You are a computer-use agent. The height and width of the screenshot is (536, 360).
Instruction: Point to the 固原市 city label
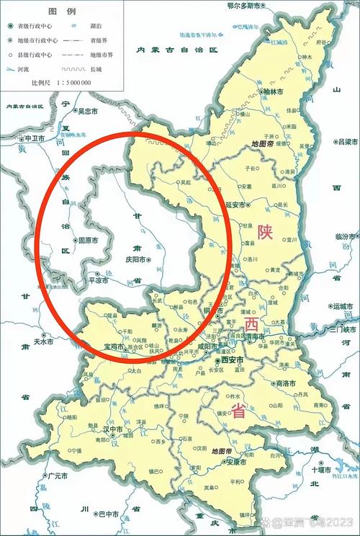pyautogui.click(x=88, y=240)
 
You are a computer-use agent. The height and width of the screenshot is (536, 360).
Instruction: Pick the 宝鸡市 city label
pyautogui.click(x=114, y=346)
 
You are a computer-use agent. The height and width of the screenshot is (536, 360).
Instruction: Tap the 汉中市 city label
pyautogui.click(x=115, y=429)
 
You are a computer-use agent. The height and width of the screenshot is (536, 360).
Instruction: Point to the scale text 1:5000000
pyautogui.click(x=71, y=83)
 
